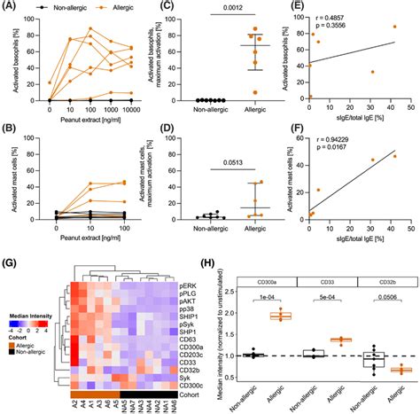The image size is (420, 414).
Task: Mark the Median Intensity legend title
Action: coord(28,315)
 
